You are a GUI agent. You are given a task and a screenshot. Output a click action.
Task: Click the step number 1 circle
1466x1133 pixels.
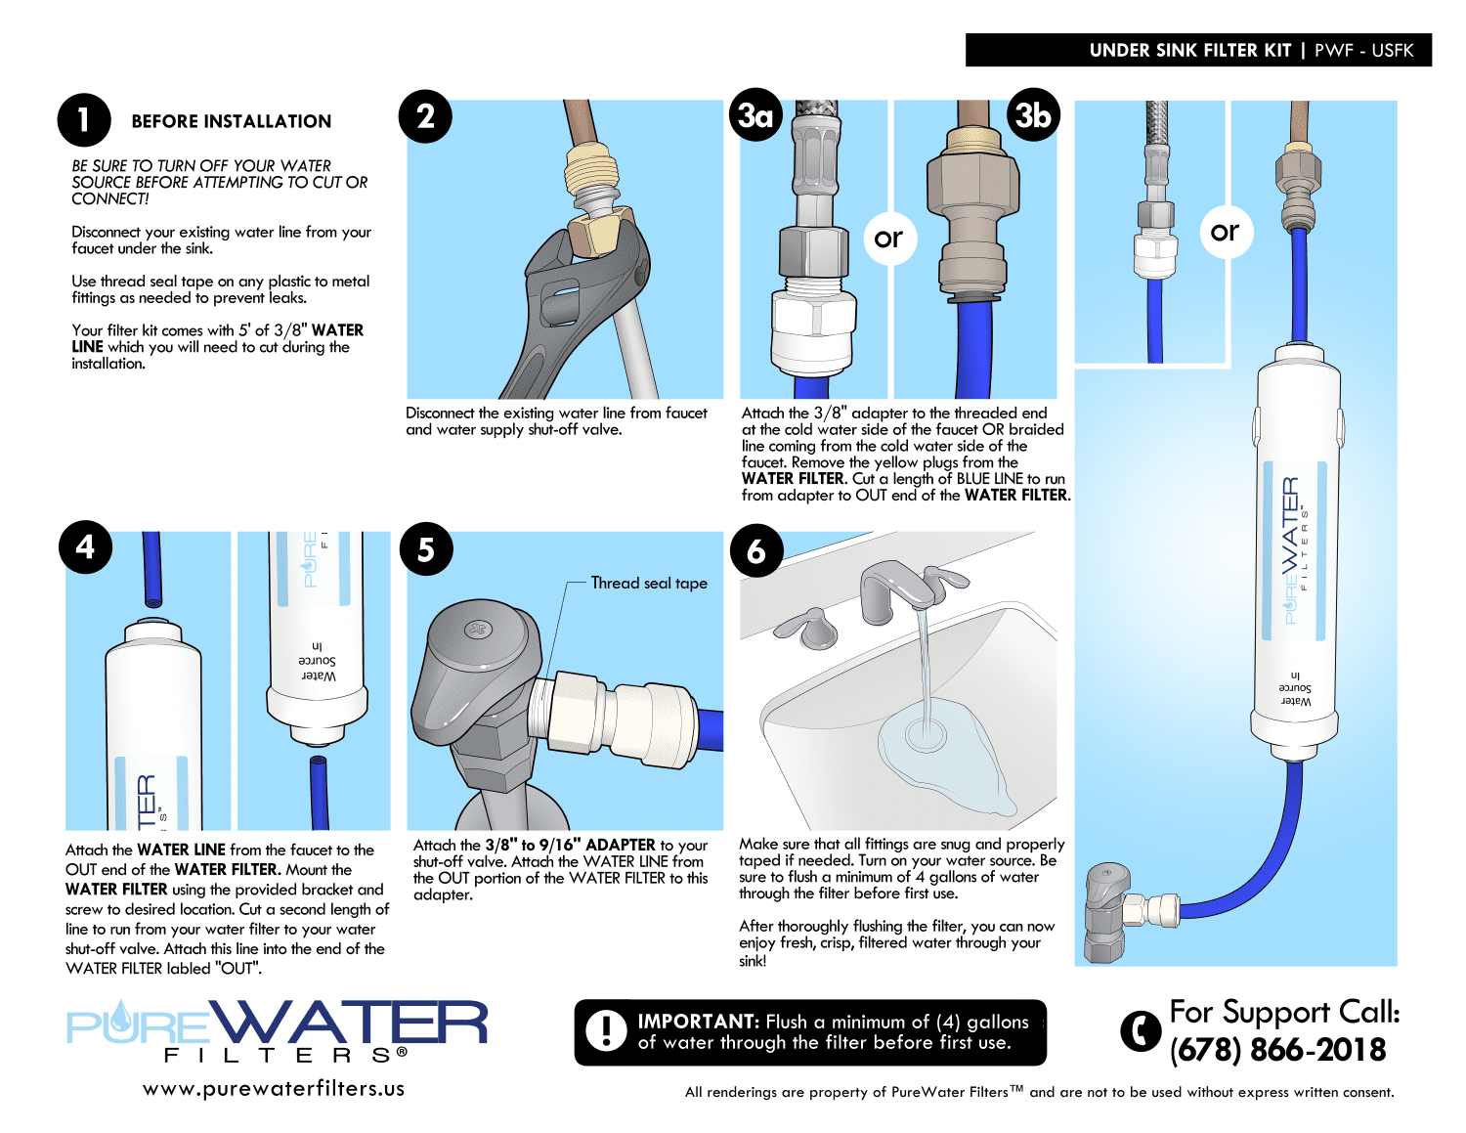coord(84,120)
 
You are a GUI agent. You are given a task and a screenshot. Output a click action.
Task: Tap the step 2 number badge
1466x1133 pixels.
coord(425,116)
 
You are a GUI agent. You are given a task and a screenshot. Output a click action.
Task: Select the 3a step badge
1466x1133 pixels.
coord(755,114)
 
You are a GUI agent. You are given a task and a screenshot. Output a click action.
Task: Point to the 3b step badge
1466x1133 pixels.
coord(1033,114)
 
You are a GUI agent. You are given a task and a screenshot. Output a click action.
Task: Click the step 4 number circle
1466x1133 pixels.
coord(85,546)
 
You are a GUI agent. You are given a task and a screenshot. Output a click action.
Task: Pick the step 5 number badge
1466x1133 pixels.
coord(426,549)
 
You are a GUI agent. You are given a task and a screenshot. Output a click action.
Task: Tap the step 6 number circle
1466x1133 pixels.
coord(756,550)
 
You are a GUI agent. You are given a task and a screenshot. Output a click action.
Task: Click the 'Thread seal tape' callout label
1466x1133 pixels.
coord(649,583)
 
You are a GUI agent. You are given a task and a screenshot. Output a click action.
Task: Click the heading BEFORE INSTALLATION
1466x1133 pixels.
coord(232,121)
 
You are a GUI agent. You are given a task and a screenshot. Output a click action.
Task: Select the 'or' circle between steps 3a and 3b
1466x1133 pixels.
coord(889,238)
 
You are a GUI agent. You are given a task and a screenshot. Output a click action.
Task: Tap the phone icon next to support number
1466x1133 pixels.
coord(1141,1030)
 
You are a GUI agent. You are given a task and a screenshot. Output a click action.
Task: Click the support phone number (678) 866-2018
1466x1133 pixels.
coord(1277,1049)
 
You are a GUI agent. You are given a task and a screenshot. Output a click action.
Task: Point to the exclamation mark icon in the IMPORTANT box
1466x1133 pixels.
coord(606,1030)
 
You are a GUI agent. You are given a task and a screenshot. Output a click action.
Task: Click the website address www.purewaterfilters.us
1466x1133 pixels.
coord(274,1089)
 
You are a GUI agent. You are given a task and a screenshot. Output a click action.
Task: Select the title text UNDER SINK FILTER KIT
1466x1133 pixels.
coord(1190,51)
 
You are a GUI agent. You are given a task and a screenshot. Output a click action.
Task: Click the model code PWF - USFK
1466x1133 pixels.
coord(1363,51)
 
